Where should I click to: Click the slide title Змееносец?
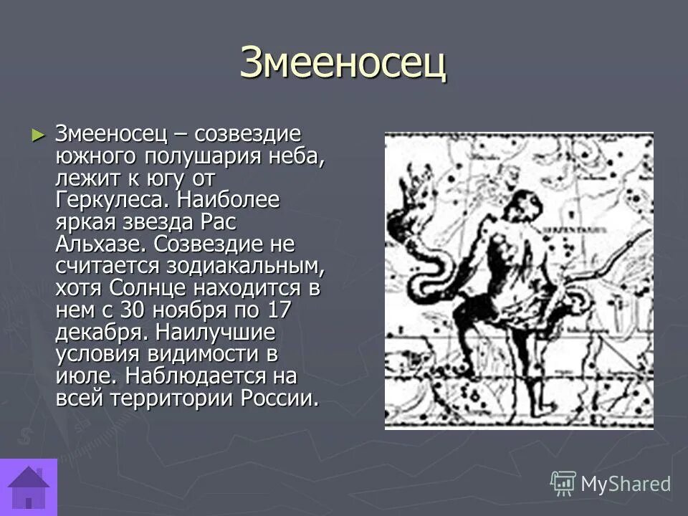coord(343,63)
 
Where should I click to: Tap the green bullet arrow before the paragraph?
coord(38,134)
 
